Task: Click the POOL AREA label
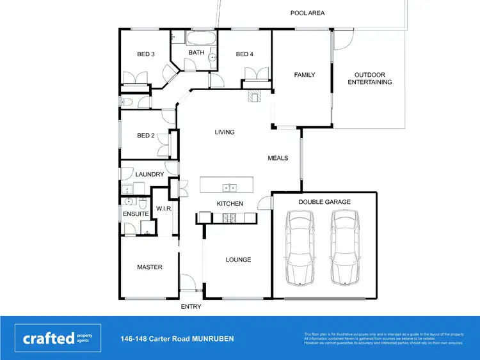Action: [x=307, y=13]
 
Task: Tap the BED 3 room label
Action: [x=146, y=54]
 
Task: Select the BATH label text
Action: [x=196, y=52]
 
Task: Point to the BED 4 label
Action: [x=244, y=54]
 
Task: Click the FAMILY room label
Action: [x=305, y=75]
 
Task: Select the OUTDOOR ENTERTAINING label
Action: [x=369, y=79]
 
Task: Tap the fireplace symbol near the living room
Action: [x=255, y=97]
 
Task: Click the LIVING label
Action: [x=224, y=132]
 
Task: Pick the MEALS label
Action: [x=278, y=158]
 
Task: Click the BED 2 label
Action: [x=146, y=136]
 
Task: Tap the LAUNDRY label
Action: [x=150, y=175]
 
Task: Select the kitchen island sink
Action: [x=229, y=187]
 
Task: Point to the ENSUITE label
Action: [x=135, y=214]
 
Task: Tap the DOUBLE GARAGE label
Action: [x=324, y=202]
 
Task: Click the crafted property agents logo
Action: [x=58, y=338]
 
